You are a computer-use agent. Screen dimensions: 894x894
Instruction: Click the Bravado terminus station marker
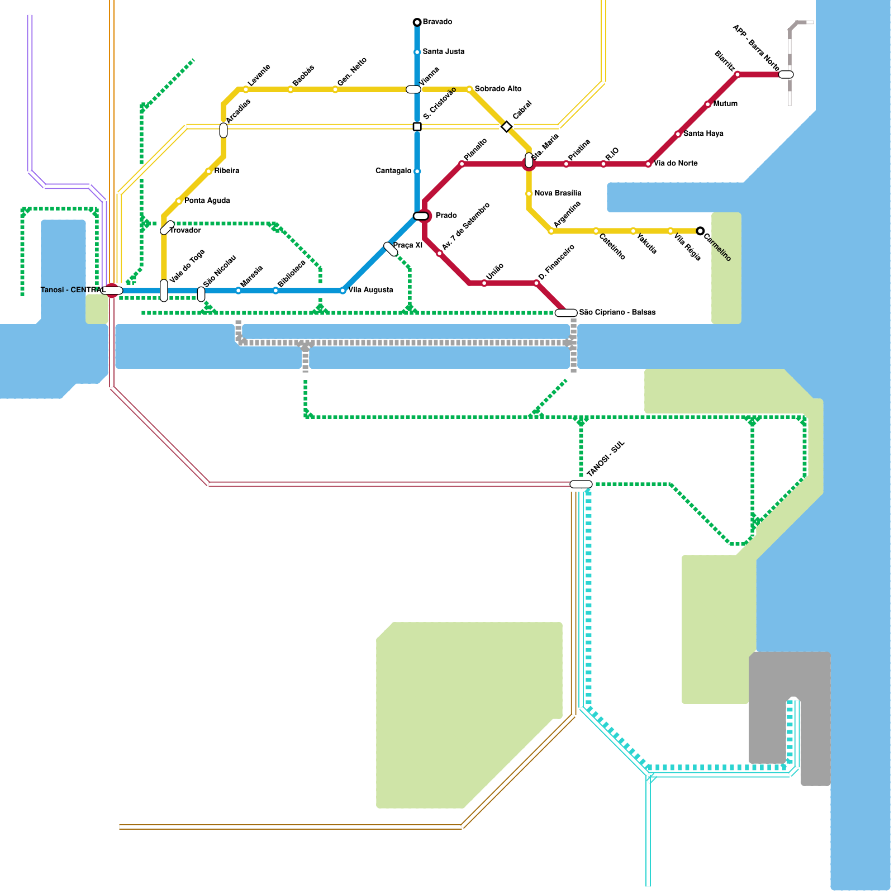click(x=417, y=22)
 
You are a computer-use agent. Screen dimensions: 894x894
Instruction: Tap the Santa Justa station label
click(x=443, y=52)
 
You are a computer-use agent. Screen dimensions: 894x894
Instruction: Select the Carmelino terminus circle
click(x=700, y=231)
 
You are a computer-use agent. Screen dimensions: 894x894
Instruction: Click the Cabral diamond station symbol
click(x=506, y=127)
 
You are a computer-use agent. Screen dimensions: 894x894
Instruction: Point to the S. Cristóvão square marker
click(x=417, y=127)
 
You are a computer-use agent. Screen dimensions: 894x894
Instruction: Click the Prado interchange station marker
click(x=421, y=216)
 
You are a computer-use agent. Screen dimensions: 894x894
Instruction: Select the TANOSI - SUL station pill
click(x=581, y=484)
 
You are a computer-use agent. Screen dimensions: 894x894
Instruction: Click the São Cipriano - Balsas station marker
click(x=566, y=313)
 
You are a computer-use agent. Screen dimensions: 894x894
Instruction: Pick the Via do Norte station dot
click(x=648, y=164)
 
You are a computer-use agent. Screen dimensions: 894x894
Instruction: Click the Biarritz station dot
click(x=738, y=74)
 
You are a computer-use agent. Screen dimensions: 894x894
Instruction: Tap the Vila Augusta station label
click(x=370, y=290)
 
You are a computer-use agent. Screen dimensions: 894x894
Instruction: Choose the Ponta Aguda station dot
click(x=179, y=201)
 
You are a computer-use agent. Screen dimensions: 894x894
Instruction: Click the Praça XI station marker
click(x=391, y=249)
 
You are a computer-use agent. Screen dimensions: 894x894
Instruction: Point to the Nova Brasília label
click(x=558, y=193)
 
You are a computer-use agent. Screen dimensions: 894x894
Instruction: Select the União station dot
click(x=484, y=283)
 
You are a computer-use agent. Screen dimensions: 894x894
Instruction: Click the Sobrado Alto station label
click(x=498, y=89)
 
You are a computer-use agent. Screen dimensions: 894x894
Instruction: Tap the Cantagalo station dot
click(x=417, y=171)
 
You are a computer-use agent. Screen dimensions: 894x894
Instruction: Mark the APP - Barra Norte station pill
click(x=786, y=74)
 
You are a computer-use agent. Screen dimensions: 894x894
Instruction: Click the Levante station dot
click(x=246, y=89)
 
